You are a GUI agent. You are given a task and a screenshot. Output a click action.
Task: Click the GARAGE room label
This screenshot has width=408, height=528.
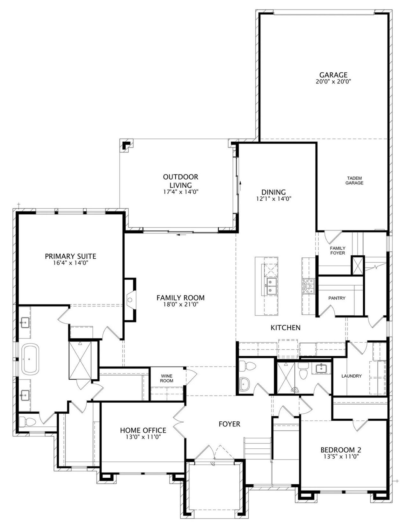pyautogui.click(x=333, y=74)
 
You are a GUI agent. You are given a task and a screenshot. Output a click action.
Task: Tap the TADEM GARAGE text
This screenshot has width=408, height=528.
pyautogui.click(x=354, y=181)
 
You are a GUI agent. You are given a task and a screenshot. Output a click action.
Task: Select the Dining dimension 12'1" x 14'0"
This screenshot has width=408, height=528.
pyautogui.click(x=273, y=199)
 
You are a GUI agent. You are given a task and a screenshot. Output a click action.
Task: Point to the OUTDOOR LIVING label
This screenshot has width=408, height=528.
pyautogui.click(x=180, y=181)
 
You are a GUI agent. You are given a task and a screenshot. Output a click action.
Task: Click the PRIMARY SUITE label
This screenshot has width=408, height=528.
pyautogui.click(x=70, y=256)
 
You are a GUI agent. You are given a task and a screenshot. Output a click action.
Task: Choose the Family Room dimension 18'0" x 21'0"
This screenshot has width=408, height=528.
pyautogui.click(x=180, y=304)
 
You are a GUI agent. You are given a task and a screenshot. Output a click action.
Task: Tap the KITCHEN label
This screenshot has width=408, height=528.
pyautogui.click(x=286, y=328)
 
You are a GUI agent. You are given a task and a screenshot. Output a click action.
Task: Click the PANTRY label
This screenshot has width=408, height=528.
pyautogui.click(x=337, y=298)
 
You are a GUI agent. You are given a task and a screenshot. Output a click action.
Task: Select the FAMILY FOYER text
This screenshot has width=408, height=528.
pyautogui.click(x=338, y=251)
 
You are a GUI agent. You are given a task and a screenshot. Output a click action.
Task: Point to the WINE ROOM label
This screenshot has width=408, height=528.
pyautogui.click(x=167, y=379)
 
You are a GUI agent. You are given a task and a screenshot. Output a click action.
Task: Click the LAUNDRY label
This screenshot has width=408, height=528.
pyautogui.click(x=351, y=376)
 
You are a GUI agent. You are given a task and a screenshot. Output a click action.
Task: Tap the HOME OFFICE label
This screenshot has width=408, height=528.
pyautogui.click(x=143, y=431)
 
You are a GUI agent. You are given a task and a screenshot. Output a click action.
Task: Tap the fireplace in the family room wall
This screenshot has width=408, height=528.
pyautogui.click(x=130, y=300)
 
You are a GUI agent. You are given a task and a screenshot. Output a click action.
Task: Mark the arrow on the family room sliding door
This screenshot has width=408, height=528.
pyautogui.click(x=181, y=235)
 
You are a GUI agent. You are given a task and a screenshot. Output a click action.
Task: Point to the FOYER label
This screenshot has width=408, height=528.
pyautogui.click(x=229, y=424)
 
